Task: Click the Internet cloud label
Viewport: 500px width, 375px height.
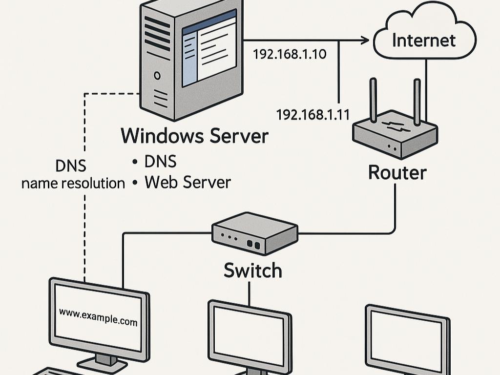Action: [423, 40]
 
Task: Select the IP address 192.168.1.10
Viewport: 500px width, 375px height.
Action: [289, 54]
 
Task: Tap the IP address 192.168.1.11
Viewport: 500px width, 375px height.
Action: [312, 115]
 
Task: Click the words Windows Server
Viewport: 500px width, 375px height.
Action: [194, 136]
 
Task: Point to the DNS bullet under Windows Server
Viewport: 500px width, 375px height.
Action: [160, 162]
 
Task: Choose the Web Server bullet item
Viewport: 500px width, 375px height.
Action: [187, 182]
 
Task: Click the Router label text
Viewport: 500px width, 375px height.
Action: [397, 172]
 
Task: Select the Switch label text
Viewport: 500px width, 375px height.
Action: [252, 270]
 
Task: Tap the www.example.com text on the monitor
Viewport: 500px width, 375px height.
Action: [98, 316]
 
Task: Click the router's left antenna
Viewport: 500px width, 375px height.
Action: [374, 100]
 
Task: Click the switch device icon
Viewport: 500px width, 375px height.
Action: [254, 233]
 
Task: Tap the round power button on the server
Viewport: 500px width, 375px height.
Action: [157, 76]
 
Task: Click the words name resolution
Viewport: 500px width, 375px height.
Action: [73, 183]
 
